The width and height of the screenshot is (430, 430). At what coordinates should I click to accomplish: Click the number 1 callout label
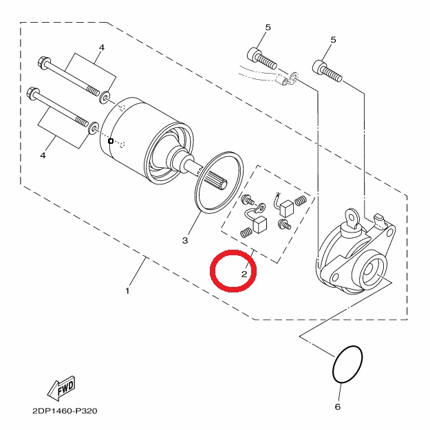(x=127, y=291)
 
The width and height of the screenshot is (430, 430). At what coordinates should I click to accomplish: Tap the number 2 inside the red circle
(x=244, y=274)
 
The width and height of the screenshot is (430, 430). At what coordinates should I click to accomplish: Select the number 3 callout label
(x=185, y=241)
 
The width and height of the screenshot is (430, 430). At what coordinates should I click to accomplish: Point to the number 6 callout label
(x=338, y=407)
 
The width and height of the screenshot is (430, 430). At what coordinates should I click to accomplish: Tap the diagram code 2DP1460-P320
(x=65, y=411)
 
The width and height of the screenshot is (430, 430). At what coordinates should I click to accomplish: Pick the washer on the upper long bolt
(x=105, y=97)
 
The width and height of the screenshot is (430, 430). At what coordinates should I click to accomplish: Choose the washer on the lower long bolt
(x=94, y=127)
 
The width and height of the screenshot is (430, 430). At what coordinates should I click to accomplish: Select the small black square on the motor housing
(x=111, y=141)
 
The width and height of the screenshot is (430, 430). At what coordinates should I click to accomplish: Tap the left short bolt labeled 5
(x=262, y=58)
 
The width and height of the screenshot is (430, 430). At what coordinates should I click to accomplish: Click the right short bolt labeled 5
(x=327, y=70)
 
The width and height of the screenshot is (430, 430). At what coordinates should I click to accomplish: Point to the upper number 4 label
(x=102, y=47)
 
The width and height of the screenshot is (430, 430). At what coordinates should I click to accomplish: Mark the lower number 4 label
(x=43, y=155)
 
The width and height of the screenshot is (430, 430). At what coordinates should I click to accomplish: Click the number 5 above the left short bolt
(x=268, y=27)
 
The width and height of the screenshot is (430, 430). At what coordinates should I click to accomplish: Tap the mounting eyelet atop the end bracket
(x=352, y=218)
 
